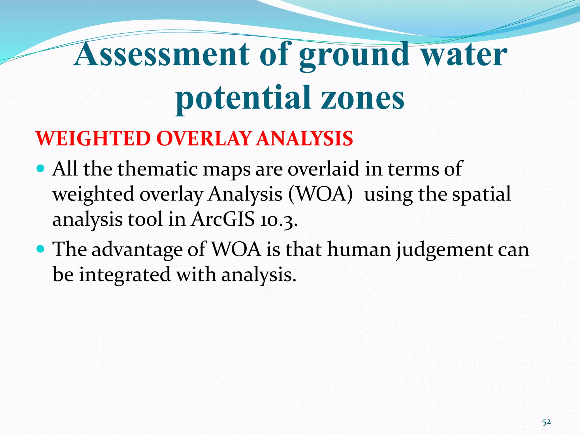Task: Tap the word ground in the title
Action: pos(354,55)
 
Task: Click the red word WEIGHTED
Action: pos(93,138)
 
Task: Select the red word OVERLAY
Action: pos(204,138)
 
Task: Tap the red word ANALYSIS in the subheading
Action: pos(304,138)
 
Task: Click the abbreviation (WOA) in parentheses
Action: pos(321,194)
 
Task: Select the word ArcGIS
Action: pos(223,219)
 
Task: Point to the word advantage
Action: pos(137,250)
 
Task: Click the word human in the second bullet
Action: pos(359,250)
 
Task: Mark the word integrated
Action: pos(125,275)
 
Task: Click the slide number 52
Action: pos(546,422)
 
